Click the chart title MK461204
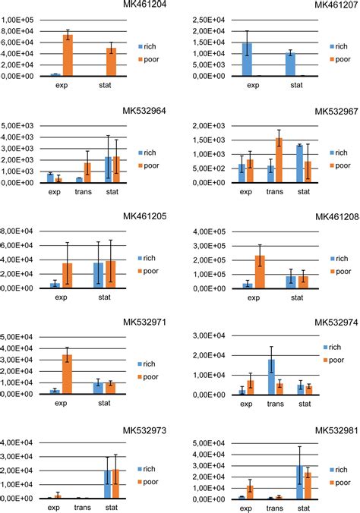click(x=146, y=5)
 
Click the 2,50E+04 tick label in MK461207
click(x=201, y=20)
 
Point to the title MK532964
click(x=146, y=112)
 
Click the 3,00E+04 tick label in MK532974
click(x=201, y=336)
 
